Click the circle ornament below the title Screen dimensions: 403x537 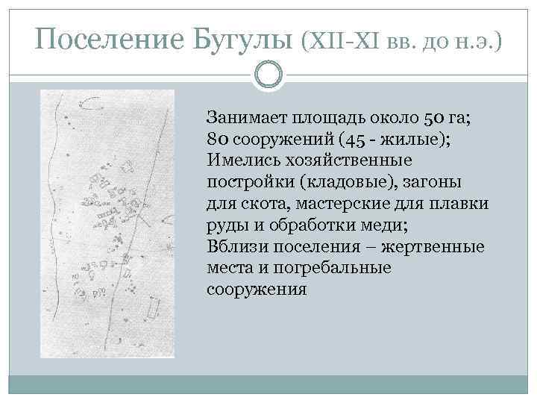(268, 74)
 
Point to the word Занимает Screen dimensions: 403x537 (247, 117)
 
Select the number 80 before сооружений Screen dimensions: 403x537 (220, 139)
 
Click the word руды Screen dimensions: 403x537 (224, 225)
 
